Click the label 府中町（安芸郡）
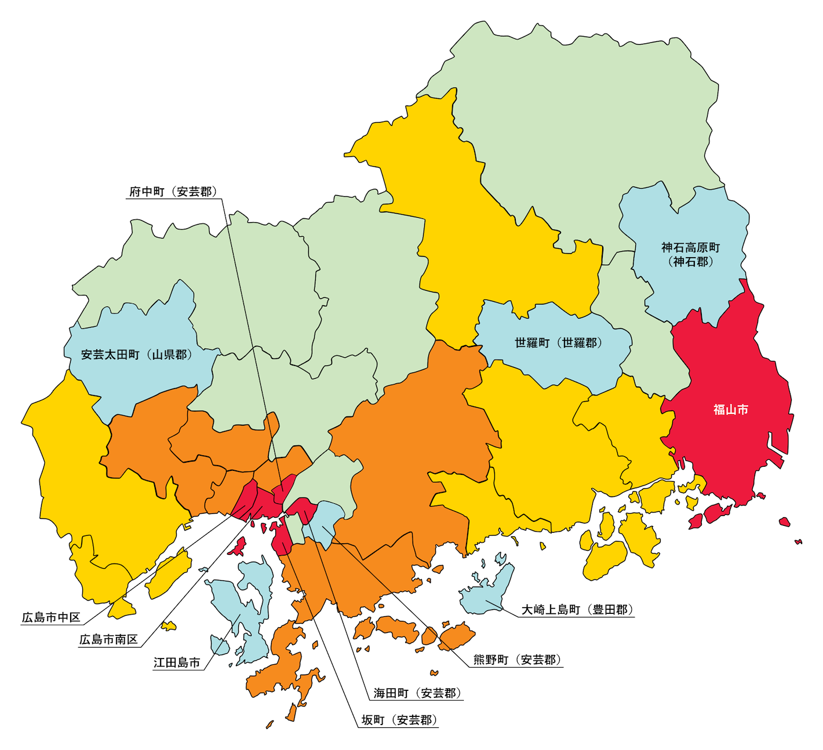point(173,192)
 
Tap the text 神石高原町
point(690,248)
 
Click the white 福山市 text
point(730,409)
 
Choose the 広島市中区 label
point(51,617)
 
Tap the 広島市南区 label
point(108,639)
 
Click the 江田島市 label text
point(177,662)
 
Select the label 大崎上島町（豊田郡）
point(577,609)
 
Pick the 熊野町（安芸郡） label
point(518,660)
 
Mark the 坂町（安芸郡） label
point(399,720)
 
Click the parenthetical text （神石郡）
point(690,262)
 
